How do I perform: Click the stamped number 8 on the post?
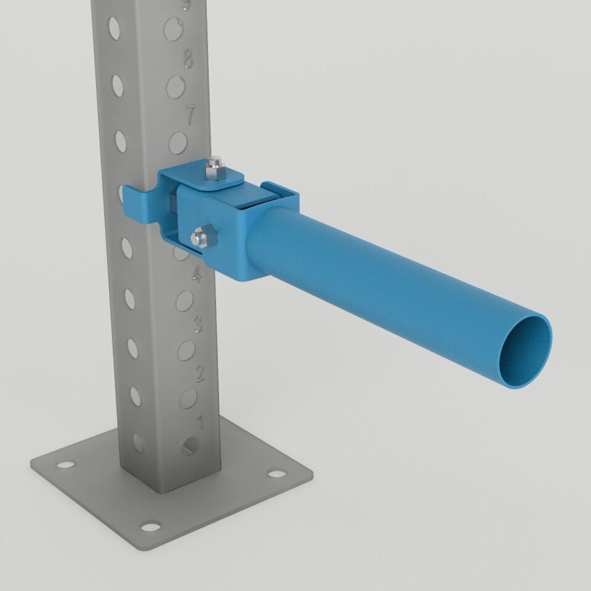188,60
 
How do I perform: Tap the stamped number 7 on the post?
191,114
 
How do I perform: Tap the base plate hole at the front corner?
150,526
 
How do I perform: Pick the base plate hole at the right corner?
278,475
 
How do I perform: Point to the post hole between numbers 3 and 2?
186,350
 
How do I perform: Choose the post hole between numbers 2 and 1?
188,398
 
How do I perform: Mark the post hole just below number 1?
191,446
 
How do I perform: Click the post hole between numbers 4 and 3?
184,301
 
